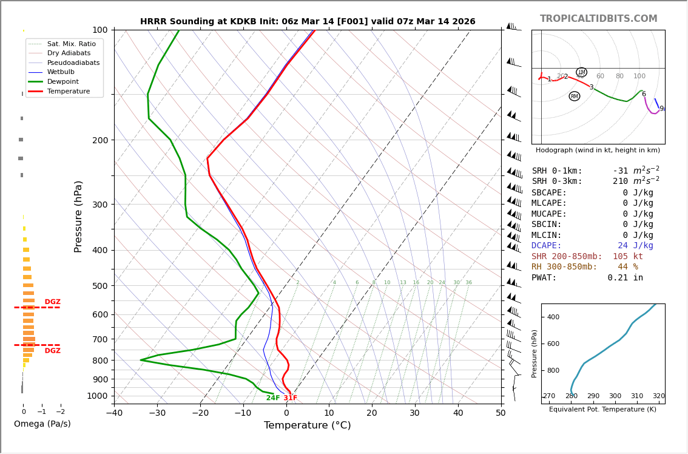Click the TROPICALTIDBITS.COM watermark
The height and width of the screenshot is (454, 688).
(598, 19)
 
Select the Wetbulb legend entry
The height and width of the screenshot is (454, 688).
(61, 72)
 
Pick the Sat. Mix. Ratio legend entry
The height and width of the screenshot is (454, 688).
(71, 44)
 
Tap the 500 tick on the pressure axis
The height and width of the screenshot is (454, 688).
(100, 286)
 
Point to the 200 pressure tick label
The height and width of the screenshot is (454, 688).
(100, 140)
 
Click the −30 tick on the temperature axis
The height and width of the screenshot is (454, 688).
(157, 413)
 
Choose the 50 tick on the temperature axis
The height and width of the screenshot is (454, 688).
(501, 413)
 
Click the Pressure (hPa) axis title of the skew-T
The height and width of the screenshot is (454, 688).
(78, 216)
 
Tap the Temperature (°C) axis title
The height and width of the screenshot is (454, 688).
(307, 425)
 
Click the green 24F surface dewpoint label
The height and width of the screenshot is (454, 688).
(273, 398)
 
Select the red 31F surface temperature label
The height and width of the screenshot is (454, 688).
(291, 398)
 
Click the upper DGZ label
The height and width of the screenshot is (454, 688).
(52, 302)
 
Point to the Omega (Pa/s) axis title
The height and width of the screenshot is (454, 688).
(42, 424)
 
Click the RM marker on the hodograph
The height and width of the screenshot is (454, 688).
(575, 96)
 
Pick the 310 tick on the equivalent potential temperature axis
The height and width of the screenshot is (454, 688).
(636, 396)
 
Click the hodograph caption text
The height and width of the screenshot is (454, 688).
(598, 151)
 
